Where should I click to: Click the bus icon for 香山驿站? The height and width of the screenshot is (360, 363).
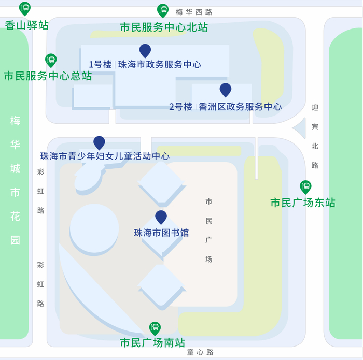25,8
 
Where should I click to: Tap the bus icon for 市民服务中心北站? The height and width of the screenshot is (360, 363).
163,10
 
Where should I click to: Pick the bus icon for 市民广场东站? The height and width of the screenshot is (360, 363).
305,186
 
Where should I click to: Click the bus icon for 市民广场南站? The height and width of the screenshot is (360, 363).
155,328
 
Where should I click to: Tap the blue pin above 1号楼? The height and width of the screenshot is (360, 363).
145,50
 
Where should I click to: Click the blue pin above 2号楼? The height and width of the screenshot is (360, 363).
225,90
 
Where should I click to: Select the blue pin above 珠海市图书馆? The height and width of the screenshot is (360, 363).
161,217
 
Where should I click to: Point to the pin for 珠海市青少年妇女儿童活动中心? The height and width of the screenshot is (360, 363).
99,142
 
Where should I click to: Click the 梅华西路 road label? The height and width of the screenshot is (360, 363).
194,12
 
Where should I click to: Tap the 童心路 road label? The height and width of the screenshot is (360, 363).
200,352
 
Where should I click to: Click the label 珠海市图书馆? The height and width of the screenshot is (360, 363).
161,233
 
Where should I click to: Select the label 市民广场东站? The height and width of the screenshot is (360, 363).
303,203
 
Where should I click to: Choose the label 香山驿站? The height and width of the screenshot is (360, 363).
27,25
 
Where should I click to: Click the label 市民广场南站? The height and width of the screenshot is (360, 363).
152,342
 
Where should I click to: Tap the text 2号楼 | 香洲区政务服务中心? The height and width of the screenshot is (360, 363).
226,107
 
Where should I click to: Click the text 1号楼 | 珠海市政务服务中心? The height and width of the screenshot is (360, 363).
145,65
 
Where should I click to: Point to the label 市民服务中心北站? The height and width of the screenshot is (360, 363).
164,27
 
